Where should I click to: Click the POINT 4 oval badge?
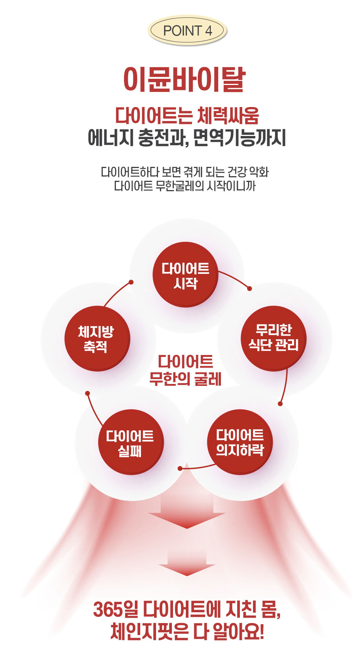pos(187,31)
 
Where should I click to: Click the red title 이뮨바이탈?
pos(184,80)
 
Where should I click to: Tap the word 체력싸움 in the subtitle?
pos(228,115)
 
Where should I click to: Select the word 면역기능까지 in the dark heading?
pos(239,138)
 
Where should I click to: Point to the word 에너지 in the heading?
pos(110,138)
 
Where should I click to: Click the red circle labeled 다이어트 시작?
pos(185,275)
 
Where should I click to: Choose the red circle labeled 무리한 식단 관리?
pos(273,338)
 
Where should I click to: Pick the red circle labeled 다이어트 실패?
pos(131,443)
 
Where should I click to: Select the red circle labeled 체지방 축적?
pos(97,338)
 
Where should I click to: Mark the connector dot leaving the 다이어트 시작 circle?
pos(250,289)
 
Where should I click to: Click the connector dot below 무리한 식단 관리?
pos(280,404)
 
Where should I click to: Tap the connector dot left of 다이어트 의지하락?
pos(180,469)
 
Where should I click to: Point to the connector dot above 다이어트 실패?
pos(88,393)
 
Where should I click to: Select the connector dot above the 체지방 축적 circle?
pos(131,282)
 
